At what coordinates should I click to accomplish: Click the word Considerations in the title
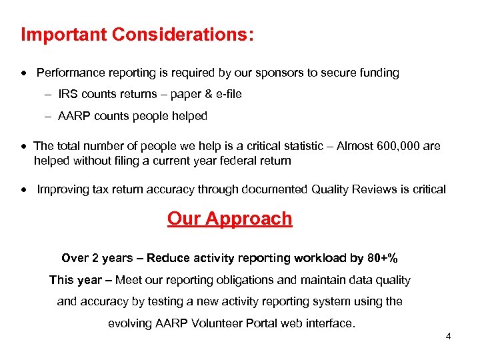[x=179, y=35]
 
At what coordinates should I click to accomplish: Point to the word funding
[x=377, y=73]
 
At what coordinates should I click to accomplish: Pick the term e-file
[x=226, y=95]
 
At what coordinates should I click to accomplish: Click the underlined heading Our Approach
[x=229, y=219]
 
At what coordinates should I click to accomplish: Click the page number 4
[x=448, y=337]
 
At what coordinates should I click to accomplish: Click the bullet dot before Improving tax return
[x=25, y=190]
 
